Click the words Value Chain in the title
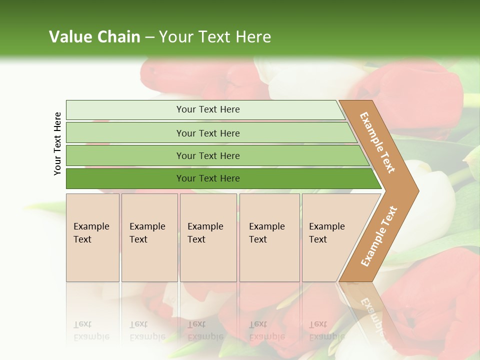coord(94,37)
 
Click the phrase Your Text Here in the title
coord(215,37)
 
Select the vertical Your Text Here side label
coord(57,143)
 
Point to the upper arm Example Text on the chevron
coord(377,142)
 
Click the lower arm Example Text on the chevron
coord(378,236)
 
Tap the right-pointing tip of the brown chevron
coord(413,190)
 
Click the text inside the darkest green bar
coord(208,178)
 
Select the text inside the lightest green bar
coord(208,109)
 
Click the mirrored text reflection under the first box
coord(91,330)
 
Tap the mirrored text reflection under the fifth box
coord(326,330)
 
